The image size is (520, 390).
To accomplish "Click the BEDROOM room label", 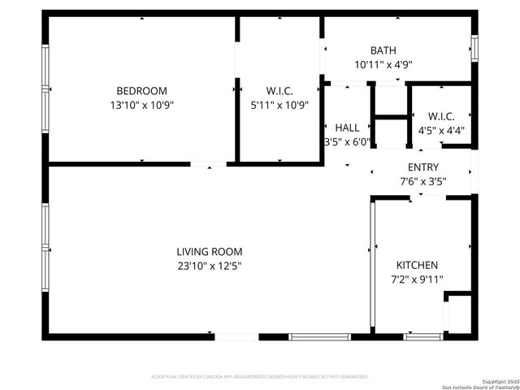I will (x=141, y=90).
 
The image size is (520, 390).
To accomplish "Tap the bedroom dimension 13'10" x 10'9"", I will (x=141, y=105).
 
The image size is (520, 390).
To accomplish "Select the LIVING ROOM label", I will (x=210, y=252).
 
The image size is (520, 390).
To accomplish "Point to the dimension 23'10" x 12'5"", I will (x=210, y=266).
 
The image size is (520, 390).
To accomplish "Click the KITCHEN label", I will (x=417, y=265).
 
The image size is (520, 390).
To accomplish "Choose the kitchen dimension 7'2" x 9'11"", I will (x=417, y=279).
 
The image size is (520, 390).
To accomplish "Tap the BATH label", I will (x=383, y=50).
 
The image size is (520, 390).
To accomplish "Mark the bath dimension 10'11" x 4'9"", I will (x=383, y=65).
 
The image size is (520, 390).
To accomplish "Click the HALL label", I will (x=347, y=128).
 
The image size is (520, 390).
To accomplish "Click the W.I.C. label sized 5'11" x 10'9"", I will (x=279, y=90).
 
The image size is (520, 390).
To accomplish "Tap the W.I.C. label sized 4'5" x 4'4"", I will (x=440, y=115).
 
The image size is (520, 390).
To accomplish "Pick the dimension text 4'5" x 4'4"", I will (x=440, y=129).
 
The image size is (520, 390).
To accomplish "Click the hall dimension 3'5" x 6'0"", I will (x=347, y=141).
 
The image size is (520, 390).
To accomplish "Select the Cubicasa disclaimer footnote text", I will (x=260, y=377).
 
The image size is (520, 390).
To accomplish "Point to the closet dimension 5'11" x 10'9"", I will (x=279, y=105).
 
